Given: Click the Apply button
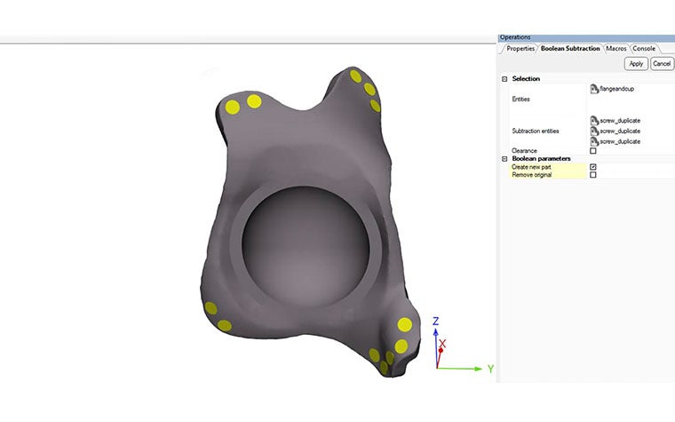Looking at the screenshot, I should tap(635, 63).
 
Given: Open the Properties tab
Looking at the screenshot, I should tap(520, 48).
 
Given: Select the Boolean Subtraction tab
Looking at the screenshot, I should tap(570, 48).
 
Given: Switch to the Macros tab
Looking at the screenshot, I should tap(616, 48).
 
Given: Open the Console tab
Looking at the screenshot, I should tap(644, 48).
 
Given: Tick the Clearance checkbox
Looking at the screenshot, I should tap(593, 151).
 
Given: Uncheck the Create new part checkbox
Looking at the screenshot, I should tap(593, 167).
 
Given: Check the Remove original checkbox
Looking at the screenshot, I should tap(593, 175).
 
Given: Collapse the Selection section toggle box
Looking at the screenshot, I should tap(504, 79).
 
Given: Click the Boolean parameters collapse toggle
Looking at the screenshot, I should tap(504, 159).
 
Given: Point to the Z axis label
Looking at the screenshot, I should tap(435, 322).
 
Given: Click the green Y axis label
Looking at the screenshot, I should tap(489, 369).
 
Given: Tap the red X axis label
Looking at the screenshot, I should tap(442, 343).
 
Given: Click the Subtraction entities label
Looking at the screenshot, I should tap(536, 131).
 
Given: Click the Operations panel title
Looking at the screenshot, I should tap(515, 37).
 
